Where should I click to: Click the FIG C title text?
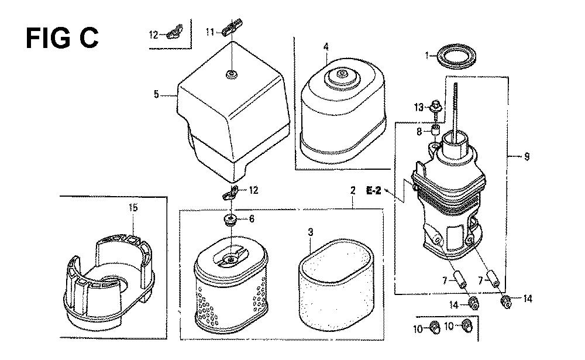[x=62, y=38]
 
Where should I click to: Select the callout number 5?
[x=156, y=94]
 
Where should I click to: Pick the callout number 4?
[x=326, y=47]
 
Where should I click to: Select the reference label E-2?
[x=373, y=191]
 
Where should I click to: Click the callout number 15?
[x=133, y=208]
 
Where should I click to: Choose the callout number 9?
[x=526, y=156]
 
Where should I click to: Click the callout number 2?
[x=353, y=190]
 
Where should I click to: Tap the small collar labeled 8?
[x=435, y=131]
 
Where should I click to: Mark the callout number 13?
[x=419, y=108]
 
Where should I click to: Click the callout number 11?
[x=211, y=32]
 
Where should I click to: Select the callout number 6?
[x=252, y=218]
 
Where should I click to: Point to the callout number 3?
[x=311, y=232]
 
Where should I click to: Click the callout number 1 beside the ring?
[x=427, y=56]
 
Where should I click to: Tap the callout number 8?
[x=419, y=132]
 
